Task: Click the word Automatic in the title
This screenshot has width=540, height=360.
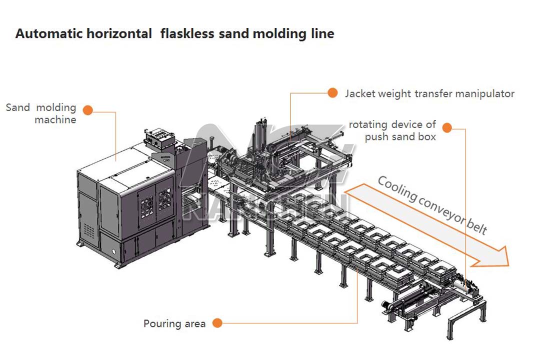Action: click(45, 34)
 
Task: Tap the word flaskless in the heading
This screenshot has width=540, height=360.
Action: click(186, 34)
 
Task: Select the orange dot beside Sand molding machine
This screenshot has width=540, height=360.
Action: click(88, 110)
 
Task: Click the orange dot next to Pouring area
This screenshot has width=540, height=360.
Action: click(217, 323)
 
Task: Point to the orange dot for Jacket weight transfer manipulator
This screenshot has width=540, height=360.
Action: click(332, 92)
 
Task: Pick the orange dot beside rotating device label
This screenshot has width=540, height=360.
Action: click(447, 128)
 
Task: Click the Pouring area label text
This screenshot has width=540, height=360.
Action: click(174, 323)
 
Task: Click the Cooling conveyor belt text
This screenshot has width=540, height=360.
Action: click(432, 205)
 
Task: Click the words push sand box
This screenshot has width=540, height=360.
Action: click(400, 136)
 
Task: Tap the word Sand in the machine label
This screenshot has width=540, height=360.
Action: click(18, 107)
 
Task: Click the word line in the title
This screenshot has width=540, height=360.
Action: click(322, 34)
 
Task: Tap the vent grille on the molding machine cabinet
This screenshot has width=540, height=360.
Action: click(89, 230)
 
